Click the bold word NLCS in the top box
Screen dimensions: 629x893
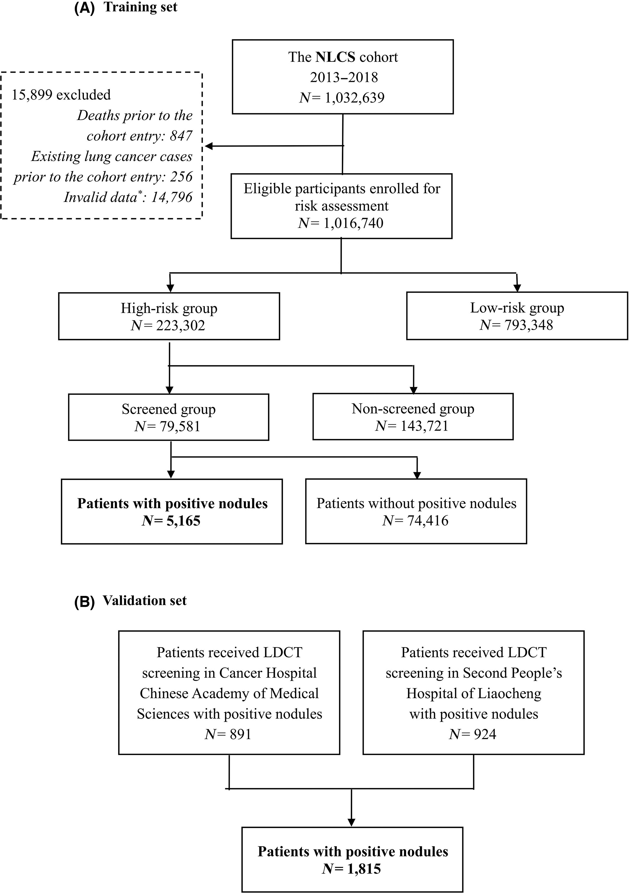pyautogui.click(x=335, y=57)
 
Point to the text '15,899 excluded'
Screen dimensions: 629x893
pyautogui.click(x=61, y=95)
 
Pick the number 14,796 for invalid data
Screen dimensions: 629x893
pyautogui.click(x=172, y=197)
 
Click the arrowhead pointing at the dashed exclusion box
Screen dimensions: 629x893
pyautogui.click(x=209, y=146)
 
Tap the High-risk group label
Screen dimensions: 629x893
pyautogui.click(x=169, y=308)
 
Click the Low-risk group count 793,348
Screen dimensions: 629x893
pyautogui.click(x=529, y=325)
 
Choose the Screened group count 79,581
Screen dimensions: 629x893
pyautogui.click(x=179, y=426)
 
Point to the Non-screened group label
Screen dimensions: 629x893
pyautogui.click(x=413, y=409)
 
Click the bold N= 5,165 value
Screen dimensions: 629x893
pyautogui.click(x=171, y=520)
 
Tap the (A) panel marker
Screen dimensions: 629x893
pyautogui.click(x=85, y=8)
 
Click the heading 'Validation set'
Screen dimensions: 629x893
pyautogui.click(x=145, y=601)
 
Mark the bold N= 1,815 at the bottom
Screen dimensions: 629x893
pyautogui.click(x=351, y=868)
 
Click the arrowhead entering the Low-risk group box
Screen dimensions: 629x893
pyautogui.click(x=517, y=288)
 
